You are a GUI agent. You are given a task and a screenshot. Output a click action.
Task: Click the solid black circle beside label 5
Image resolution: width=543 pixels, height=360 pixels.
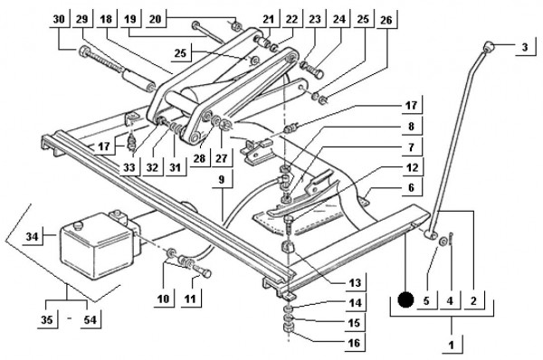pyautogui.click(x=405, y=299)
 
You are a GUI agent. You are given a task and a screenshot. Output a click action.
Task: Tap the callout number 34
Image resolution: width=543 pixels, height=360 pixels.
pyautogui.click(x=33, y=237)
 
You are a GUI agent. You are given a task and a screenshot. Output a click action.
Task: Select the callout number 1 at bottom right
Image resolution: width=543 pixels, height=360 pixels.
pyautogui.click(x=451, y=346)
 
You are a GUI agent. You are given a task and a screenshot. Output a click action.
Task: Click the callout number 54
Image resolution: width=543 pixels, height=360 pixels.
pyautogui.click(x=90, y=319)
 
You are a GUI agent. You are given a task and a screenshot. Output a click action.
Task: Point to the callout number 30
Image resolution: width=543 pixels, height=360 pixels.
pyautogui.click(x=59, y=19)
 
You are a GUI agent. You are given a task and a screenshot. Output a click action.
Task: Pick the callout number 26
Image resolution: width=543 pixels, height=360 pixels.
pyautogui.click(x=386, y=20)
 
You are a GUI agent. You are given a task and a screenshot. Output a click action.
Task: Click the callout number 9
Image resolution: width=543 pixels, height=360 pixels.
pyautogui.click(x=222, y=179)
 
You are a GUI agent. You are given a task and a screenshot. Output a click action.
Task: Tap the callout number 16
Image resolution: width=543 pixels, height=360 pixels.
pyautogui.click(x=354, y=343)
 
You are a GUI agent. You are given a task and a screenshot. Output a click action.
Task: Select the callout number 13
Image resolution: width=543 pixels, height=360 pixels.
pyautogui.click(x=355, y=283)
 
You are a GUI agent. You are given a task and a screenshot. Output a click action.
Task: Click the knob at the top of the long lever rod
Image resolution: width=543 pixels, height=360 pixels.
pyautogui.click(x=488, y=46)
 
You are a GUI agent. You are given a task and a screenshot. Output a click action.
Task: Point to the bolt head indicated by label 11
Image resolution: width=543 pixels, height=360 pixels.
pyautogui.click(x=205, y=273)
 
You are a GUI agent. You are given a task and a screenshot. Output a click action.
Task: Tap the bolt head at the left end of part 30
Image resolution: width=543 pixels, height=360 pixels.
pyautogui.click(x=85, y=52)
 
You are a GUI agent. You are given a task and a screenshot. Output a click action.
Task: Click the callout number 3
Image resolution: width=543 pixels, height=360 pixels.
pyautogui.click(x=525, y=47)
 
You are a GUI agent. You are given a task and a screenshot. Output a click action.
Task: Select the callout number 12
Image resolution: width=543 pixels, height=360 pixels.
pyautogui.click(x=412, y=167)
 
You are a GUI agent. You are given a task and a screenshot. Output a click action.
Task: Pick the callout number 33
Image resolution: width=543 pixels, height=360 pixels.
pyautogui.click(x=129, y=167)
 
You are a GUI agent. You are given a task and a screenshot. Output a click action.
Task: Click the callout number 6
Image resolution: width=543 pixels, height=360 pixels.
pyautogui.click(x=411, y=187)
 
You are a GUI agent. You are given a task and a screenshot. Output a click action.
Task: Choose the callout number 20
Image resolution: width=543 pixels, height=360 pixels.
pyautogui.click(x=156, y=19)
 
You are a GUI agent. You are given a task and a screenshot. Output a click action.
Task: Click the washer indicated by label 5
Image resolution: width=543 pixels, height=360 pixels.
pyautogui.click(x=443, y=242)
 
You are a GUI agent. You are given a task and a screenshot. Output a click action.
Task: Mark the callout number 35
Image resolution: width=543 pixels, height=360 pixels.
pyautogui.click(x=47, y=319)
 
